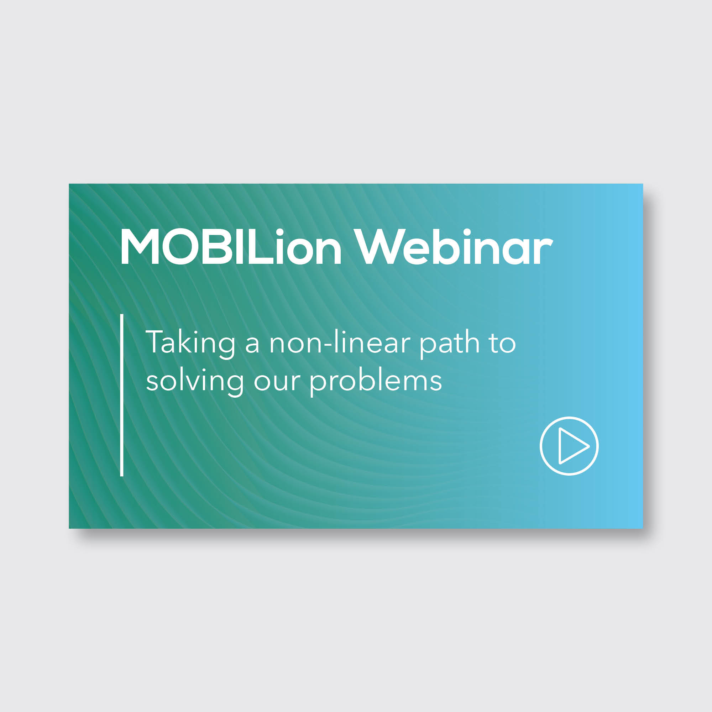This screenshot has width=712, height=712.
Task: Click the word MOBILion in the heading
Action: click(231, 247)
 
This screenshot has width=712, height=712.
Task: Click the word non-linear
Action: click(339, 342)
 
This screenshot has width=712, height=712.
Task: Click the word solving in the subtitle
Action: click(195, 382)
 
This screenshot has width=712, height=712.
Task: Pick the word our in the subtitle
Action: click(277, 382)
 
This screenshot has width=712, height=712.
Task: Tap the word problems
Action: click(375, 382)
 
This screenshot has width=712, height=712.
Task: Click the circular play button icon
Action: click(569, 446)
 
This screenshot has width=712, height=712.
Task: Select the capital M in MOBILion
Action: click(140, 247)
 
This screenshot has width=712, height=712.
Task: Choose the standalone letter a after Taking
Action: click(252, 344)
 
